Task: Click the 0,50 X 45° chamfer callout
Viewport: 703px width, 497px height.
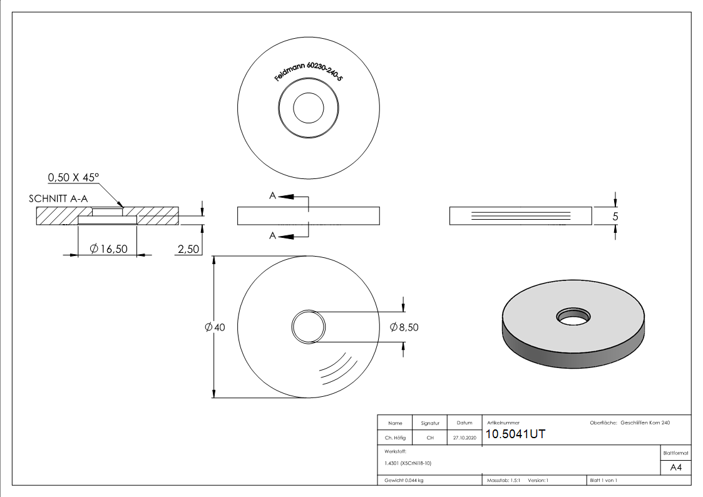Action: tap(73, 178)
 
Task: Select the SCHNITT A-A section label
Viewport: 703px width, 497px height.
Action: tap(58, 198)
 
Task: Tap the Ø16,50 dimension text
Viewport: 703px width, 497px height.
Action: tap(108, 248)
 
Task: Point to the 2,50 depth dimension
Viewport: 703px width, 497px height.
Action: tap(188, 248)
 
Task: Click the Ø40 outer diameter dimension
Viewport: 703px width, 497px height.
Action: tap(215, 327)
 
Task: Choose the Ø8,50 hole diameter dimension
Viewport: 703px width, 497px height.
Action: tap(404, 327)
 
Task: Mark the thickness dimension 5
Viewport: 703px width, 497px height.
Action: tap(615, 217)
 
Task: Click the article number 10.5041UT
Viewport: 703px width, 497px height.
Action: tap(516, 434)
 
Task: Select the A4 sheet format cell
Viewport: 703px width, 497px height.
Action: tap(675, 468)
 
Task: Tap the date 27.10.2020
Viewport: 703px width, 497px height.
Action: tap(464, 438)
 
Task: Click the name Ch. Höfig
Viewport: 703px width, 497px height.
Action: tap(395, 438)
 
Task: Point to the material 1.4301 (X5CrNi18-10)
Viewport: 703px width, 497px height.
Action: tap(408, 463)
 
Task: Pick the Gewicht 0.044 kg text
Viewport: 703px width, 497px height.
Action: tap(404, 481)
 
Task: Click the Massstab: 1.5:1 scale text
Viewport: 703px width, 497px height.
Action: tap(503, 481)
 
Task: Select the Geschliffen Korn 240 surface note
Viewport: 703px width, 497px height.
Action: tap(645, 423)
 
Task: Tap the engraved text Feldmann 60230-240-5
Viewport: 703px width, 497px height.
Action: tap(309, 71)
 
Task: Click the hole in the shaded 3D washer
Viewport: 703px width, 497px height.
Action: tap(573, 317)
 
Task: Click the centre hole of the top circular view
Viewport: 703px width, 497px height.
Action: tap(309, 108)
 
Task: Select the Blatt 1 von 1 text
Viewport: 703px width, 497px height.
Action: tap(603, 481)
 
